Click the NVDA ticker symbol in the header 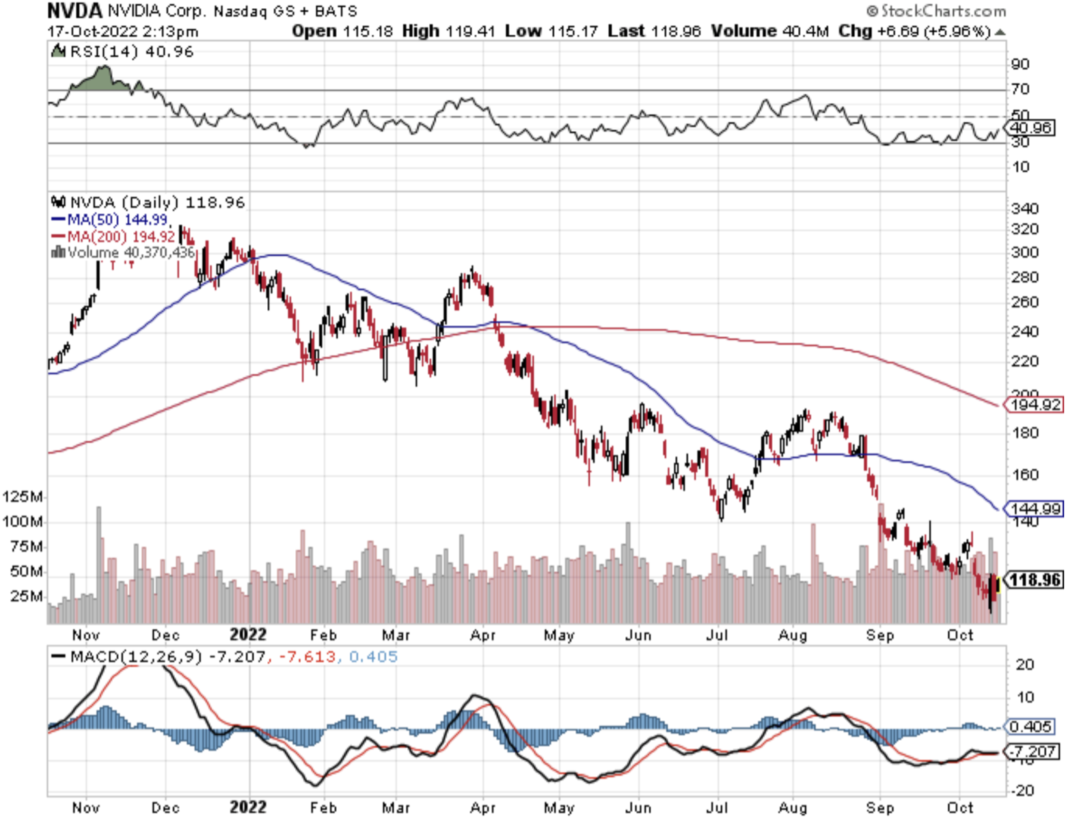coord(74,11)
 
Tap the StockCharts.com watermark coord(936,11)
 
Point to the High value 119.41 coord(470,31)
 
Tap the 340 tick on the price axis coord(1024,208)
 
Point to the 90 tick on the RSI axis coord(1020,64)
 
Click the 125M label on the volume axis coord(23,496)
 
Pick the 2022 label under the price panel coord(247,634)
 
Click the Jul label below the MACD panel coord(717,808)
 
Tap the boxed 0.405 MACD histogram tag coord(1030,726)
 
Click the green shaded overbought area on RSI coord(102,79)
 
